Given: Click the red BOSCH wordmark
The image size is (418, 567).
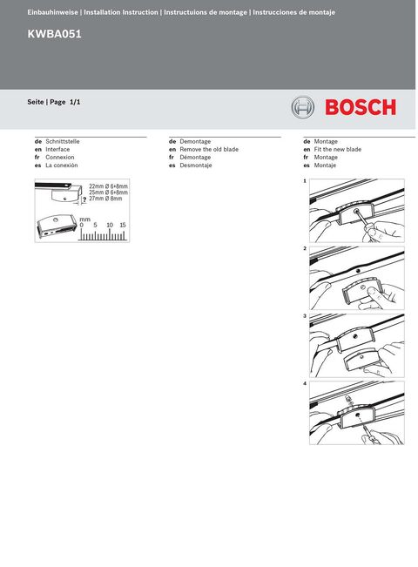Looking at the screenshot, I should [360, 107].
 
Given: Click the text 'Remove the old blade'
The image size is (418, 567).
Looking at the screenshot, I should [209, 149].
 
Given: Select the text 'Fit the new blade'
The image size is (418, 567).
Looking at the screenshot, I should [337, 149].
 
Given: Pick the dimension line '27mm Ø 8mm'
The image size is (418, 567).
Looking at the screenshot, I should [105, 199].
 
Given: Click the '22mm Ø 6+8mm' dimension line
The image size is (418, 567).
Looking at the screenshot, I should [108, 186].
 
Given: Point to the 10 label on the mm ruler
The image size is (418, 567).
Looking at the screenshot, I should [110, 225].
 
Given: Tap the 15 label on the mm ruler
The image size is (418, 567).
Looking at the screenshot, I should [123, 225].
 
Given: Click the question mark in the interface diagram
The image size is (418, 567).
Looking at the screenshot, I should [84, 202].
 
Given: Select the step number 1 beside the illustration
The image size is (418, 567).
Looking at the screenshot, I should [305, 181].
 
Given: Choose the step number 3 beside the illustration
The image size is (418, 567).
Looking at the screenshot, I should [305, 316].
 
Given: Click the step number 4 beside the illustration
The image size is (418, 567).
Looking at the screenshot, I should [305, 384].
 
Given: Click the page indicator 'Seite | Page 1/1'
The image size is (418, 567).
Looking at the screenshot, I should [54, 102].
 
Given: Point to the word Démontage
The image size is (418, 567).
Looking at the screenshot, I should [195, 157].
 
